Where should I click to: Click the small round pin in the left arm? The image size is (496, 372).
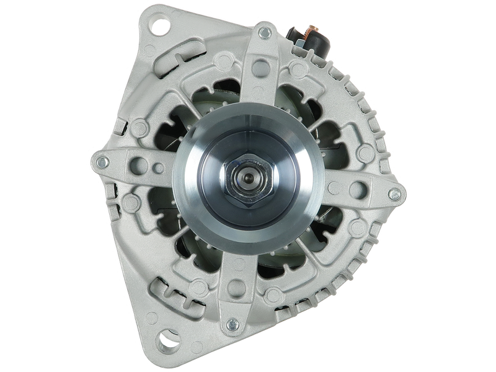160,167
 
